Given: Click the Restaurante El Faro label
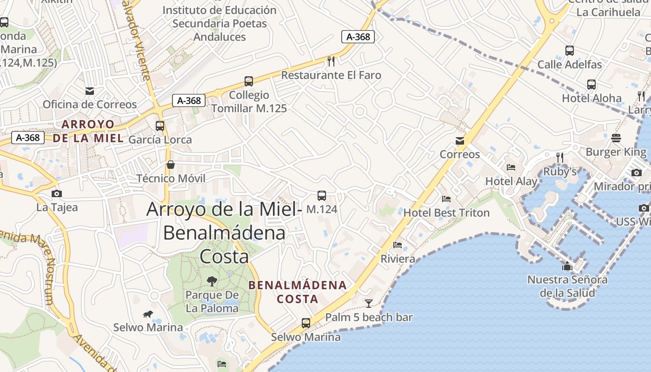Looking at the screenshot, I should pyautogui.click(x=331, y=75).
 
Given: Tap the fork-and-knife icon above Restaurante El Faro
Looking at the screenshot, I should pyautogui.click(x=331, y=61).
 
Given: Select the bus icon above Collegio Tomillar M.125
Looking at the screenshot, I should pyautogui.click(x=249, y=81).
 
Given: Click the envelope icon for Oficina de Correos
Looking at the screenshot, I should pyautogui.click(x=90, y=91).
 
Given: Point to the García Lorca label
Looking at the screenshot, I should pyautogui.click(x=160, y=139).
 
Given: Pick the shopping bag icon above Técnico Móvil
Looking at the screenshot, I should pyautogui.click(x=171, y=165).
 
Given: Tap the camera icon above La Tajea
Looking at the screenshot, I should pyautogui.click(x=57, y=193).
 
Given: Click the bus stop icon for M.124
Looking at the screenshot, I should pyautogui.click(x=322, y=196).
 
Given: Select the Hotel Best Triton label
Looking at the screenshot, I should pyautogui.click(x=446, y=213).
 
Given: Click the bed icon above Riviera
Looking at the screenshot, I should pyautogui.click(x=398, y=245).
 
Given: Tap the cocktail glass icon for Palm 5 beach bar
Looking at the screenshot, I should pyautogui.click(x=369, y=304).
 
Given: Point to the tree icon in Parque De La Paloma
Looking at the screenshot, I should pyautogui.click(x=212, y=281).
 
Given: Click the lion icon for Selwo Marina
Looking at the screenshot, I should pyautogui.click(x=148, y=314).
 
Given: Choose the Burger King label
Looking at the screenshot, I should pyautogui.click(x=616, y=152).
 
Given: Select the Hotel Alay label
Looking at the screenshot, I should pyautogui.click(x=511, y=181).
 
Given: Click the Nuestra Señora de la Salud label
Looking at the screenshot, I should pyautogui.click(x=567, y=286).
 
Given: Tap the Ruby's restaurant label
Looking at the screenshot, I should pyautogui.click(x=560, y=172).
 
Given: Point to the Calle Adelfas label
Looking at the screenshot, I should pyautogui.click(x=570, y=64).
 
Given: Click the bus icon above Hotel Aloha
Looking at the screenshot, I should pyautogui.click(x=591, y=85).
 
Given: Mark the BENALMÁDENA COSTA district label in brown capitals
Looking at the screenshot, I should pyautogui.click(x=298, y=292).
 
